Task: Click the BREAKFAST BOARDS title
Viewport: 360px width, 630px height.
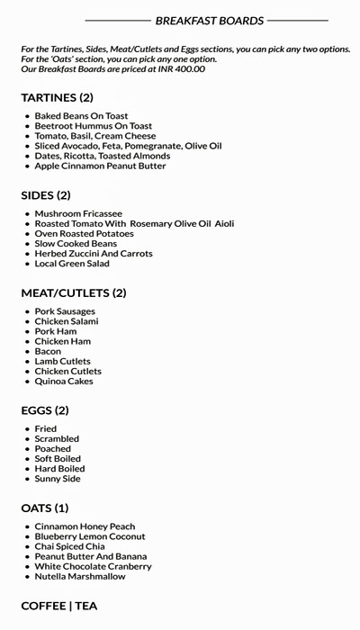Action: (210, 20)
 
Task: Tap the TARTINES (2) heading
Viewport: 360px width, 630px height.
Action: (57, 97)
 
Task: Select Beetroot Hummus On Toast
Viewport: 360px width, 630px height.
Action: (94, 126)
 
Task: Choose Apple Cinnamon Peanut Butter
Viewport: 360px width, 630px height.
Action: (101, 166)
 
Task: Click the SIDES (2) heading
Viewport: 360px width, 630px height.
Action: (46, 194)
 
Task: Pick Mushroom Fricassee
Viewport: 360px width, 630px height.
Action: (78, 213)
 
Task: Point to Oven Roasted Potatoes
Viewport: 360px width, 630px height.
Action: (84, 233)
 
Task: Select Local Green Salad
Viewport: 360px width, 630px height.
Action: (72, 264)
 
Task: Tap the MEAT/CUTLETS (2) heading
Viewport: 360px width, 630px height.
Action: (74, 292)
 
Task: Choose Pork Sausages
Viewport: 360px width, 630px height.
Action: (66, 311)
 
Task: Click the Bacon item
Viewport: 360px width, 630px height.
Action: (48, 351)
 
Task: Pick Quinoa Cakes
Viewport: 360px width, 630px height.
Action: (64, 381)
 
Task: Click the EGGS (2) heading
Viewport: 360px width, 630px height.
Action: (45, 410)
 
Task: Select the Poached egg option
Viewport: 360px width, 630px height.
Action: (53, 448)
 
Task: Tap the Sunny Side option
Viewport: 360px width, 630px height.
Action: (58, 479)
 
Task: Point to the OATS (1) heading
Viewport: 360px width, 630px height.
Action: (45, 508)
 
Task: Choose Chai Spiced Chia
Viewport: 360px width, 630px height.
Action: (70, 546)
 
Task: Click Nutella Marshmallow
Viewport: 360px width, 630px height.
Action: (80, 576)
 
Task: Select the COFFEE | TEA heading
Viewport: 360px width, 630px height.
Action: (59, 606)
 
